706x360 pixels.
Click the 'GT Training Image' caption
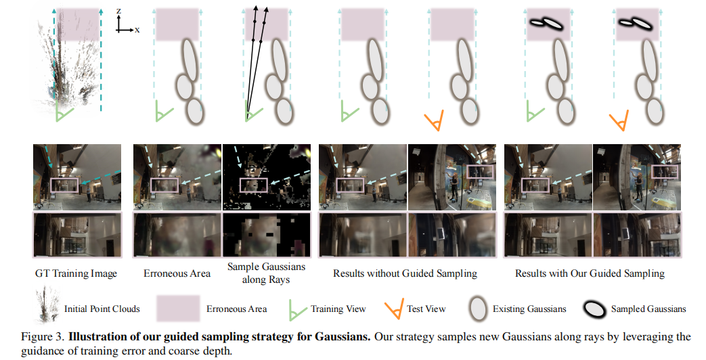click(x=76, y=273)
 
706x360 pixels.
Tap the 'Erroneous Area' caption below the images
click(x=177, y=273)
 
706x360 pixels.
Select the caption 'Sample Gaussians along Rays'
click(x=266, y=273)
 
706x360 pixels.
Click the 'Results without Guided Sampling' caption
click(x=405, y=273)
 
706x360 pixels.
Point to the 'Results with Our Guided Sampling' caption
click(x=590, y=273)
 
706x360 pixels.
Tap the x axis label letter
click(x=137, y=30)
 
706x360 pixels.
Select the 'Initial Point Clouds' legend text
click(x=102, y=309)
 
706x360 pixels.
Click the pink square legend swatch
click(x=178, y=309)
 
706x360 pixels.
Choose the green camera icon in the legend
click(x=297, y=309)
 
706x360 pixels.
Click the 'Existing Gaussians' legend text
click(x=529, y=309)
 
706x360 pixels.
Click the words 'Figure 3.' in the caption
click(x=43, y=336)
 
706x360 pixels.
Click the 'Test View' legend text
click(x=426, y=309)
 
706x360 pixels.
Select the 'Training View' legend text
click(x=338, y=309)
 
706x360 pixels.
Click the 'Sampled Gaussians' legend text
click(x=648, y=309)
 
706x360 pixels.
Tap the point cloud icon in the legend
click(x=47, y=306)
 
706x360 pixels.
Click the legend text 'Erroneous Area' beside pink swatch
click(x=237, y=309)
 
